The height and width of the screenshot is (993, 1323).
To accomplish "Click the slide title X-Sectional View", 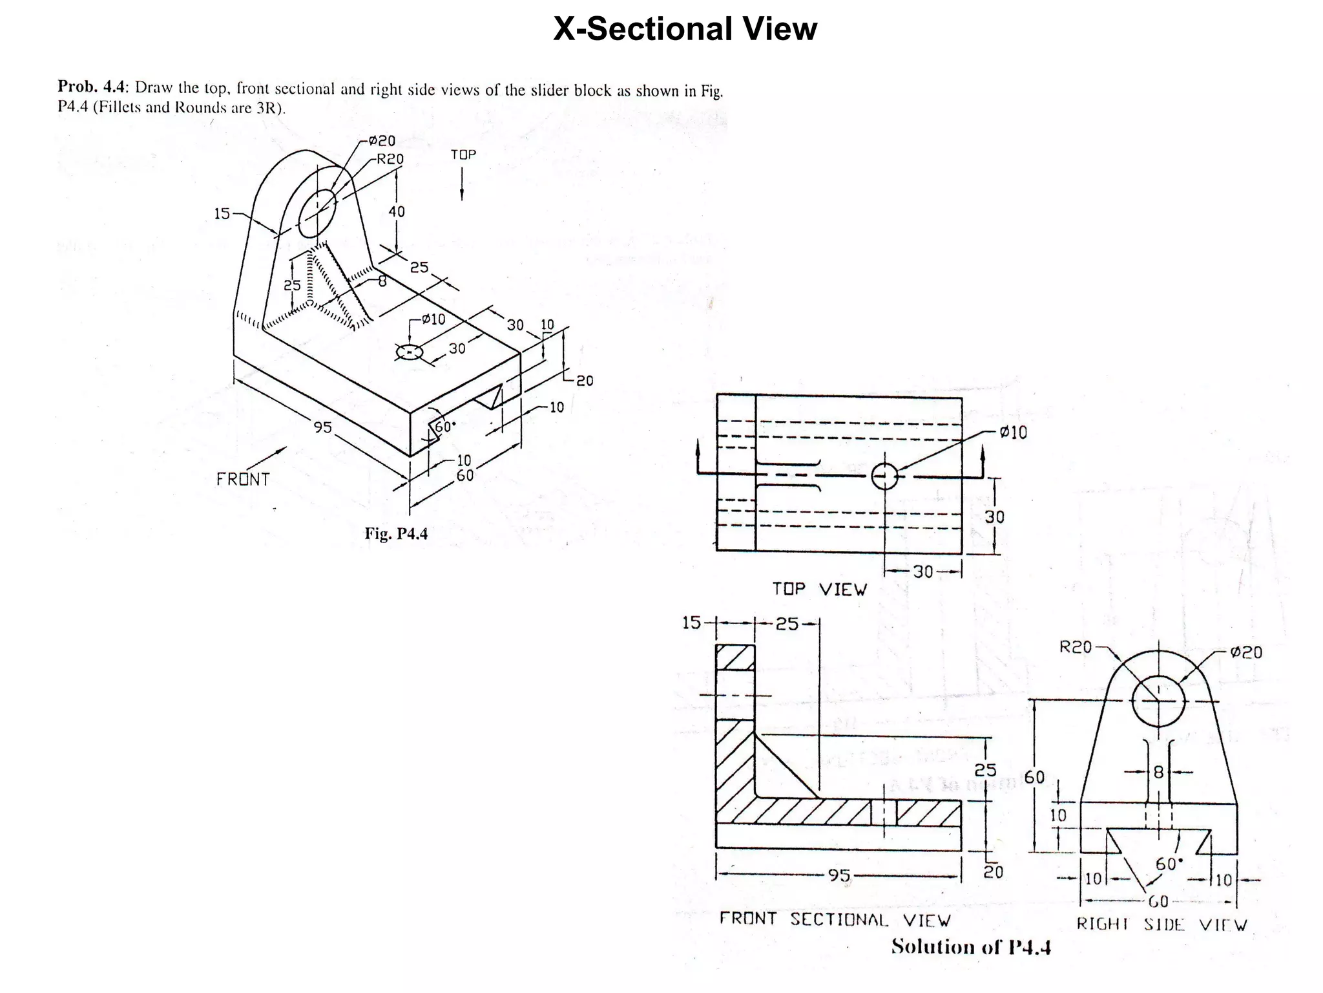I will coord(685,29).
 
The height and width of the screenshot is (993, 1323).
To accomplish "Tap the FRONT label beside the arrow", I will coord(242,479).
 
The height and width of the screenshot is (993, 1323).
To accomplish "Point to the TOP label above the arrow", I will coord(463,155).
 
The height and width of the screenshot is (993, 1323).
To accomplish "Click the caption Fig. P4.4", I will coord(396,533).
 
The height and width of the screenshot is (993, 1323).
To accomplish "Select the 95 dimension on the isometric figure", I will coord(322,427).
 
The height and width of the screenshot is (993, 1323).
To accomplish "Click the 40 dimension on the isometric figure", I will coord(397,211).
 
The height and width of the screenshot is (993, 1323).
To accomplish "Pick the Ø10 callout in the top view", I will coord(1013,432).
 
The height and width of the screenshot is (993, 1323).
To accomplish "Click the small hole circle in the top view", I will coord(884,477).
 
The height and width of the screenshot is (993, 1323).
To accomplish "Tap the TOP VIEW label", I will coord(819,589).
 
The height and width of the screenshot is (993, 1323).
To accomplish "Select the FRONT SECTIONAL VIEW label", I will coord(835,919).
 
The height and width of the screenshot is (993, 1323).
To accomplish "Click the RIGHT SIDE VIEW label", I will coord(1161,924).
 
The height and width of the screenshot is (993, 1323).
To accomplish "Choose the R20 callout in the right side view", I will coord(1075,646).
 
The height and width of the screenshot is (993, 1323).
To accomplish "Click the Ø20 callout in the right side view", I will coord(1246,652).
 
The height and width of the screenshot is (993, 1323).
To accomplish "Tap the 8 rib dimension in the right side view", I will coord(1158,772).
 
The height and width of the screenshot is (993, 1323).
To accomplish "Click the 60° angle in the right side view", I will coord(1169,864).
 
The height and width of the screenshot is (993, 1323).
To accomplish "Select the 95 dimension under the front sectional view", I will coord(839,875).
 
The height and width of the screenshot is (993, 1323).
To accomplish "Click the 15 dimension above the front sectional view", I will coord(691,623).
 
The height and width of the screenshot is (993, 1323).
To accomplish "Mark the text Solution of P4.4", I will coord(971,947).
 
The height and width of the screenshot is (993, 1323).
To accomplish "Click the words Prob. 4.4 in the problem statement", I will coord(93,87).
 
